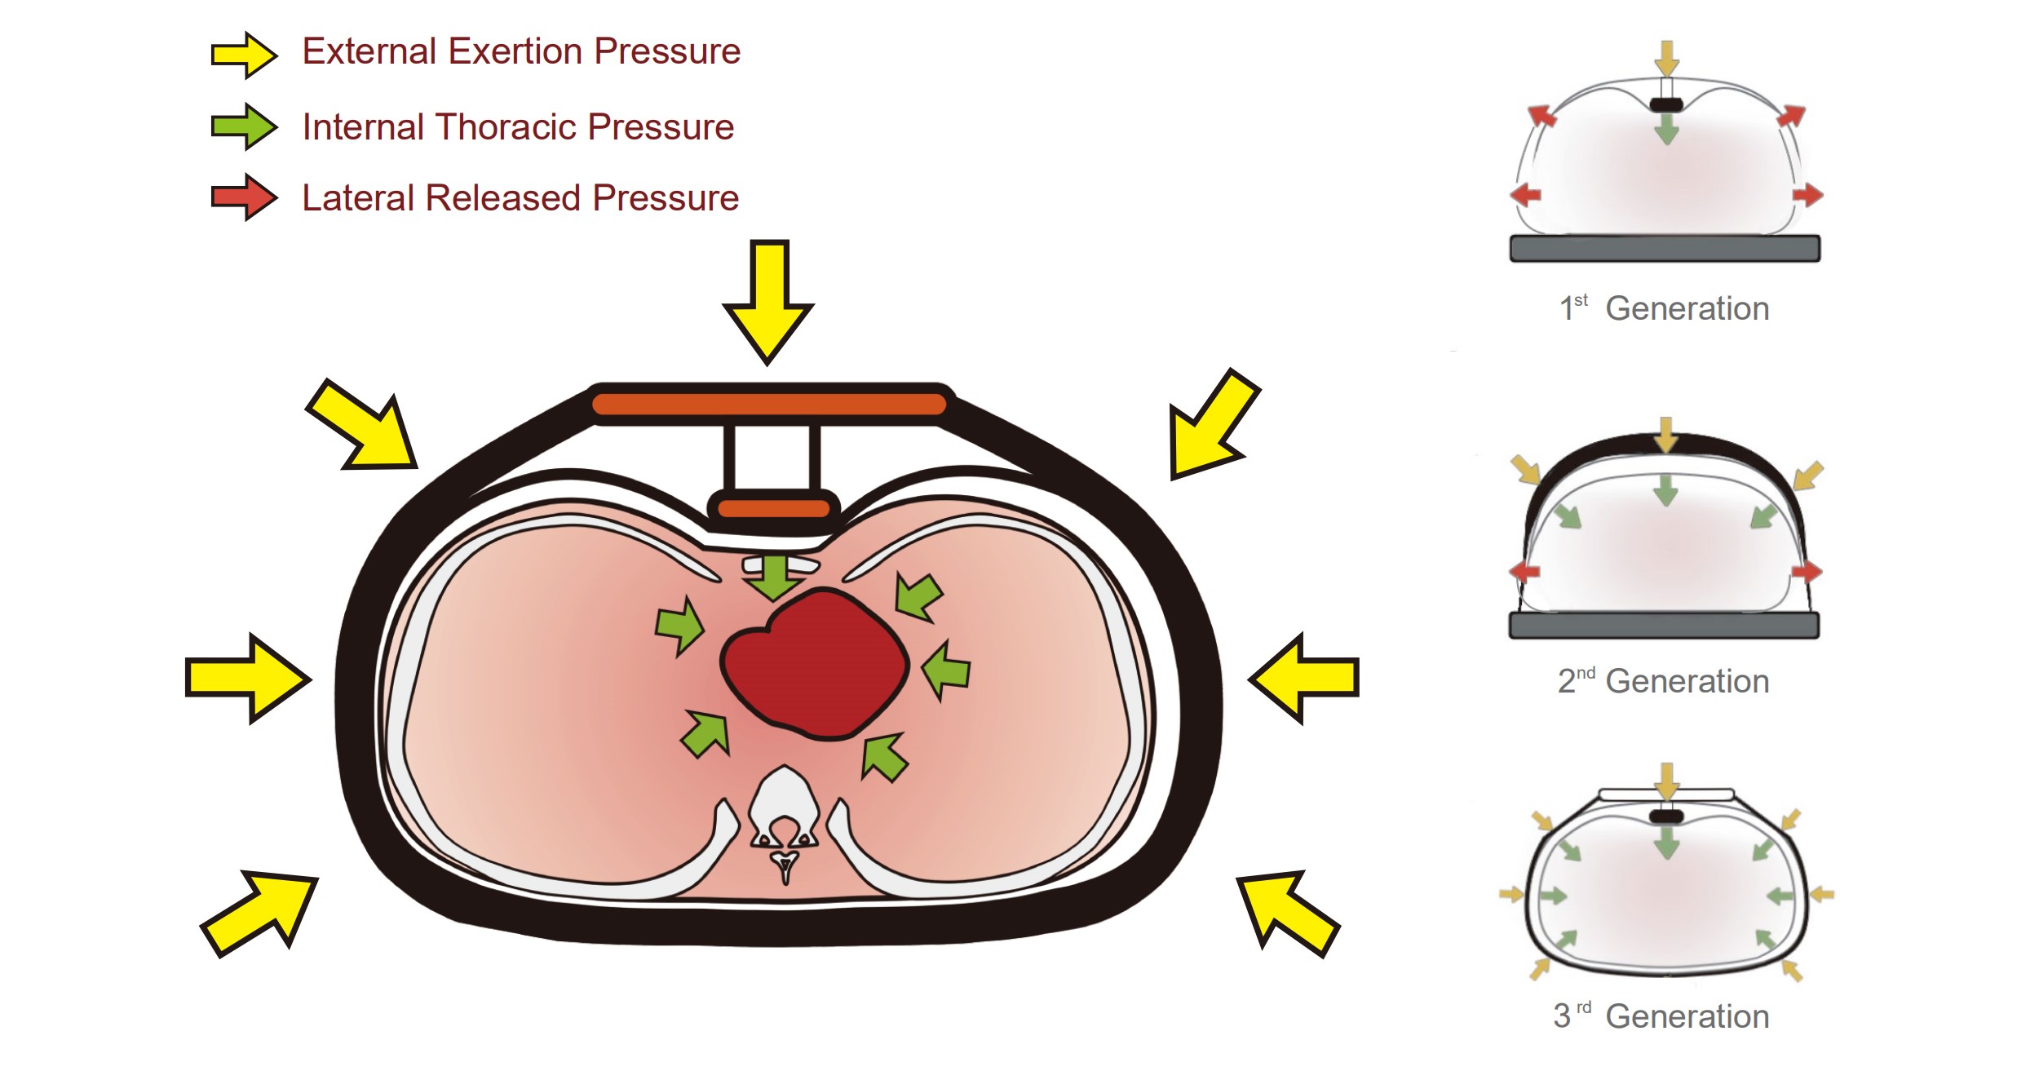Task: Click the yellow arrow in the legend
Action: pyautogui.click(x=244, y=55)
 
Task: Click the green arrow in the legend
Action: pyautogui.click(x=244, y=126)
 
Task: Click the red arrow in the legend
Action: pyautogui.click(x=244, y=197)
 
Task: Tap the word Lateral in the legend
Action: pyautogui.click(x=358, y=198)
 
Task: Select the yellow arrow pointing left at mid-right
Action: pyautogui.click(x=1305, y=678)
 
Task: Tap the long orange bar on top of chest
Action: pyautogui.click(x=768, y=404)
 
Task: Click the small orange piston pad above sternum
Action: pyautogui.click(x=773, y=509)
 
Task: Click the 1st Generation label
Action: pyautogui.click(x=1664, y=308)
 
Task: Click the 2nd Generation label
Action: pyautogui.click(x=1664, y=681)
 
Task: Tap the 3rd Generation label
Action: pyautogui.click(x=1661, y=1016)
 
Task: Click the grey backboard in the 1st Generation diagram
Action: pyautogui.click(x=1665, y=248)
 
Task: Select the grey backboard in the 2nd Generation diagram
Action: pyautogui.click(x=1664, y=626)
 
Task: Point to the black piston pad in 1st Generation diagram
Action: pyautogui.click(x=1666, y=104)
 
